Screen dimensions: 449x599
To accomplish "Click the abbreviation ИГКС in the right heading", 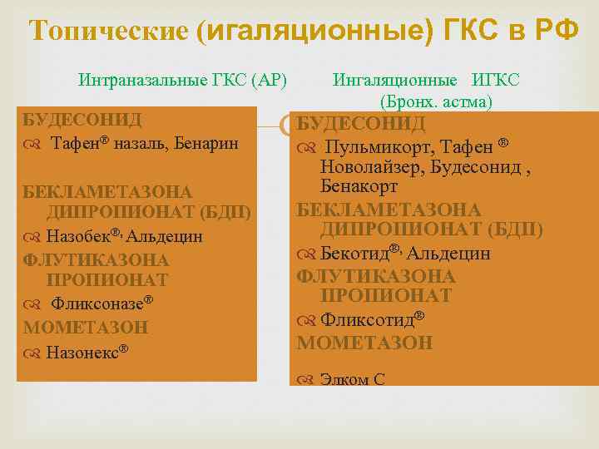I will coord(496,81).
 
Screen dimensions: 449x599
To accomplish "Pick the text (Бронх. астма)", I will coord(437,102).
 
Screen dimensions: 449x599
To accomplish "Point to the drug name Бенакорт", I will coord(359,188).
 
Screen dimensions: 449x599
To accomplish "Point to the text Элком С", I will coord(353,380).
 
